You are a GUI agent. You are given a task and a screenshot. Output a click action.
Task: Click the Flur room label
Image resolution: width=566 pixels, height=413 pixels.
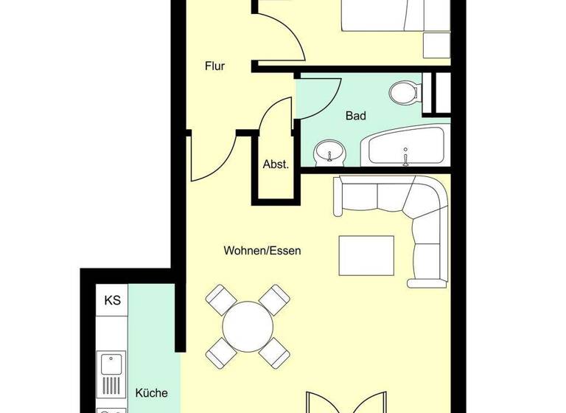coord(214,66)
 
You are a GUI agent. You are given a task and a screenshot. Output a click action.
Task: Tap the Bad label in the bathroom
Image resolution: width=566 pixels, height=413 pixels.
coord(355,116)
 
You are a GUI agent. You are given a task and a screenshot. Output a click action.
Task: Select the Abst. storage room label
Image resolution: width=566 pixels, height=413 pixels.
coord(276,164)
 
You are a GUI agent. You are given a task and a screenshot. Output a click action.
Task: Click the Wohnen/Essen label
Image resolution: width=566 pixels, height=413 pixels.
coord(262,251)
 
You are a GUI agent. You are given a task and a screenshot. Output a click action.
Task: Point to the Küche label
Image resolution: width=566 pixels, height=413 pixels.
coord(152,393)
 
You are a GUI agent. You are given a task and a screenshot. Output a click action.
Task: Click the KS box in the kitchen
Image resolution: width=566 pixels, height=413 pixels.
coord(112,300)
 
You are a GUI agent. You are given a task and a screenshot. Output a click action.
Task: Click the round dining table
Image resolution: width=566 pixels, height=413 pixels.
coord(247,324)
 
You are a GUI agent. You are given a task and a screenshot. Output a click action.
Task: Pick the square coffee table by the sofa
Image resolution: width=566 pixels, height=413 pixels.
coord(366,254)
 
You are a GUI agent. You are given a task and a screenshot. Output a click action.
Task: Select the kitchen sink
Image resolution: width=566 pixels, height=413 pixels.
coord(111,363)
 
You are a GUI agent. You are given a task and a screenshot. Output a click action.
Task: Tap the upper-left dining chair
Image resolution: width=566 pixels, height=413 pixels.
coord(220,299)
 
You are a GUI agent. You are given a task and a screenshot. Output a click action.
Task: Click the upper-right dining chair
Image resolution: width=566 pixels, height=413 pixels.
coord(273,299)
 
